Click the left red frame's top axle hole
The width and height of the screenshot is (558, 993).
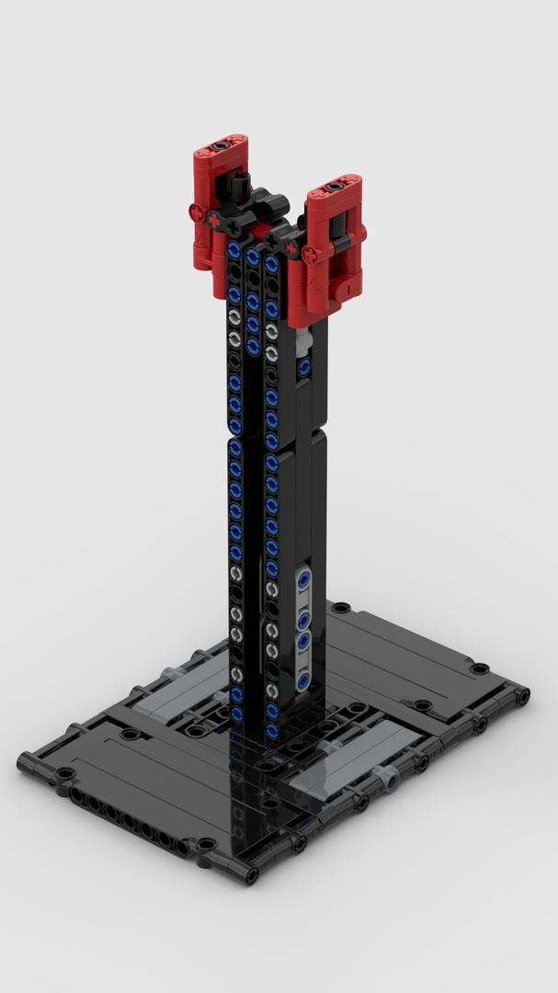[x=221, y=145]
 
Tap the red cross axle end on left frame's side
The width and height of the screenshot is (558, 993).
[x=197, y=212]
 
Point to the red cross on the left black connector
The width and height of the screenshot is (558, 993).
[x=214, y=222]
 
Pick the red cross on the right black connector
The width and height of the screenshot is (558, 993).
[x=292, y=247]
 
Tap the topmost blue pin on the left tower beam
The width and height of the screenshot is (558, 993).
[x=234, y=249]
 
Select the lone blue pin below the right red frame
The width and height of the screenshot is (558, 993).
[x=303, y=367]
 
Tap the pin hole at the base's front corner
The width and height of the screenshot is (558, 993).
[x=248, y=873]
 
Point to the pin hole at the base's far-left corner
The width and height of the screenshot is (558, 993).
[x=26, y=760]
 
